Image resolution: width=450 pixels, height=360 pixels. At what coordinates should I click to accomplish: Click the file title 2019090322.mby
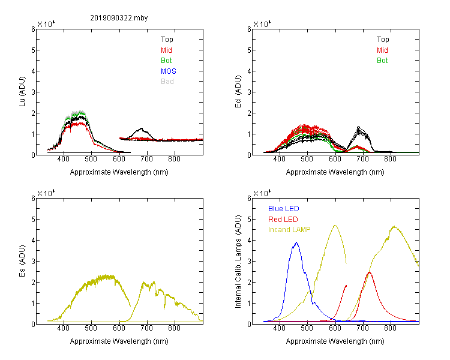[119, 18]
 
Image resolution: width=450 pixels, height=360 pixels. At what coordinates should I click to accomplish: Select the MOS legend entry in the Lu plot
[169, 71]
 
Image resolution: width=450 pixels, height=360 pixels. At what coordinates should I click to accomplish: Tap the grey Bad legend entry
[167, 82]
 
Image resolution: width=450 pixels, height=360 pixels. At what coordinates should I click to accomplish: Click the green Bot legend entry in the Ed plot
[382, 61]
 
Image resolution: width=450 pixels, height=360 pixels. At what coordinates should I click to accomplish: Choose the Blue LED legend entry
[284, 209]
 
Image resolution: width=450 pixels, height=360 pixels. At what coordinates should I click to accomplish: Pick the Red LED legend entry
[283, 220]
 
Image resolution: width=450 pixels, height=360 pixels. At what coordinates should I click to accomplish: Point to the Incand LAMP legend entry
[289, 230]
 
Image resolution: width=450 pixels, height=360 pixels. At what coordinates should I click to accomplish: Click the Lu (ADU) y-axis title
[22, 92]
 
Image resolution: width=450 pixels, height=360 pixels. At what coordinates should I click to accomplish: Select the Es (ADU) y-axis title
[22, 261]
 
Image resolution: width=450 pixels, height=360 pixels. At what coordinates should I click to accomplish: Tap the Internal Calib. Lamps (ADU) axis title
[238, 262]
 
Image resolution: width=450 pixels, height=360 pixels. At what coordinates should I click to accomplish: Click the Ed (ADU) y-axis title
[238, 92]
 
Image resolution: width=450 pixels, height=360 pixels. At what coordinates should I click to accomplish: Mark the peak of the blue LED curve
[296, 242]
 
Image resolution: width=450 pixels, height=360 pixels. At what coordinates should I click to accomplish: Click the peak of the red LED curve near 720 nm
[370, 272]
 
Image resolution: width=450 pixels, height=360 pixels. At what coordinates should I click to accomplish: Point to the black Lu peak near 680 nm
[141, 128]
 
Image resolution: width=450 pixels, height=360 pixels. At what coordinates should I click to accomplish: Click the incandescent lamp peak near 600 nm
[335, 226]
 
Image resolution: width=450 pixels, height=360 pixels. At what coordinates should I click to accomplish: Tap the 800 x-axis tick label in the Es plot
[174, 328]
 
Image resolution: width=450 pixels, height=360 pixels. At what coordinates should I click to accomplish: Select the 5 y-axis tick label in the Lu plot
[33, 50]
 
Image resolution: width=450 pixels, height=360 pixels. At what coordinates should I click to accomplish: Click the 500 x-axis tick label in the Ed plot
[307, 159]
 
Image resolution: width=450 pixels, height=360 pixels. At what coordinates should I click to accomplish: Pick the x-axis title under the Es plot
[119, 341]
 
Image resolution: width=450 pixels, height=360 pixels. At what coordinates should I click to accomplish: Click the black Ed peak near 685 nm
[358, 127]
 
